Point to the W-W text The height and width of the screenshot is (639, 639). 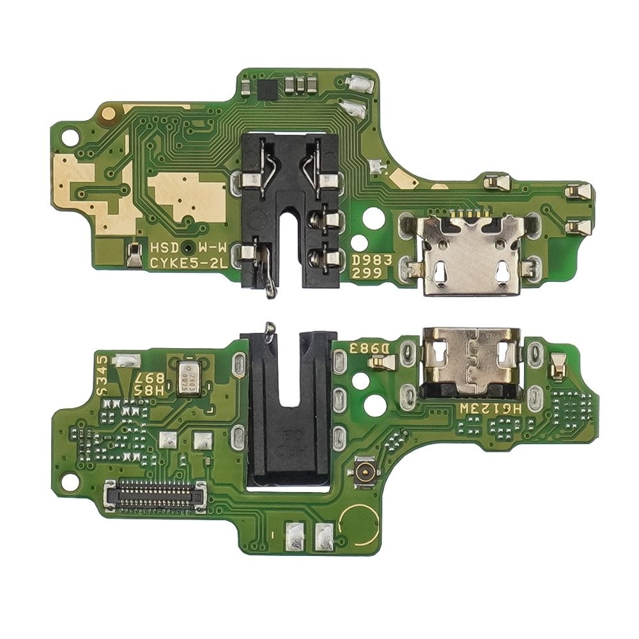[210, 247]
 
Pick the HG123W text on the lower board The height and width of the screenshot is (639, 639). [485, 408]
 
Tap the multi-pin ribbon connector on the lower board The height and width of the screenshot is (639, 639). [155, 496]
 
